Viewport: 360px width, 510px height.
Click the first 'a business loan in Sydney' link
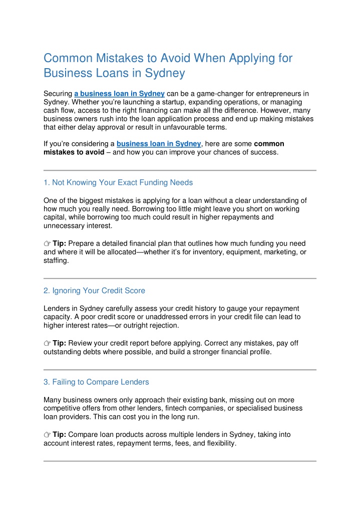click(119, 93)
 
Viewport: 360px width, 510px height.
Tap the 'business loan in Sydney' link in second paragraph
click(158, 143)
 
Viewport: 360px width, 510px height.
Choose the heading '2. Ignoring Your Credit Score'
click(94, 291)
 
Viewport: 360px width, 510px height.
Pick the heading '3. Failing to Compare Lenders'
click(96, 382)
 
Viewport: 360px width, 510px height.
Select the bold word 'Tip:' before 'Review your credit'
click(60, 343)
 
